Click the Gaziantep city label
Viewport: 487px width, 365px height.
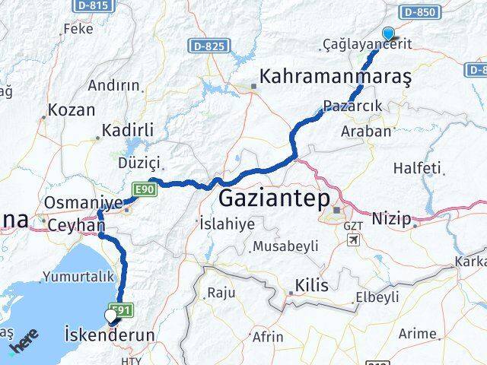coord(274,200)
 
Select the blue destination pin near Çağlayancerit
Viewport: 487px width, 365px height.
coord(389,33)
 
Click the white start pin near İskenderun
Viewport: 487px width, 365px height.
coord(112,314)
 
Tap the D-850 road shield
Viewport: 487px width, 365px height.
coord(420,12)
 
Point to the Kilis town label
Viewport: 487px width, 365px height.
coord(312,286)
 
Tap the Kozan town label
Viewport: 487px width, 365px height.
coord(71,109)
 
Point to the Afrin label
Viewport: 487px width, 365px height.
coord(267,335)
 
